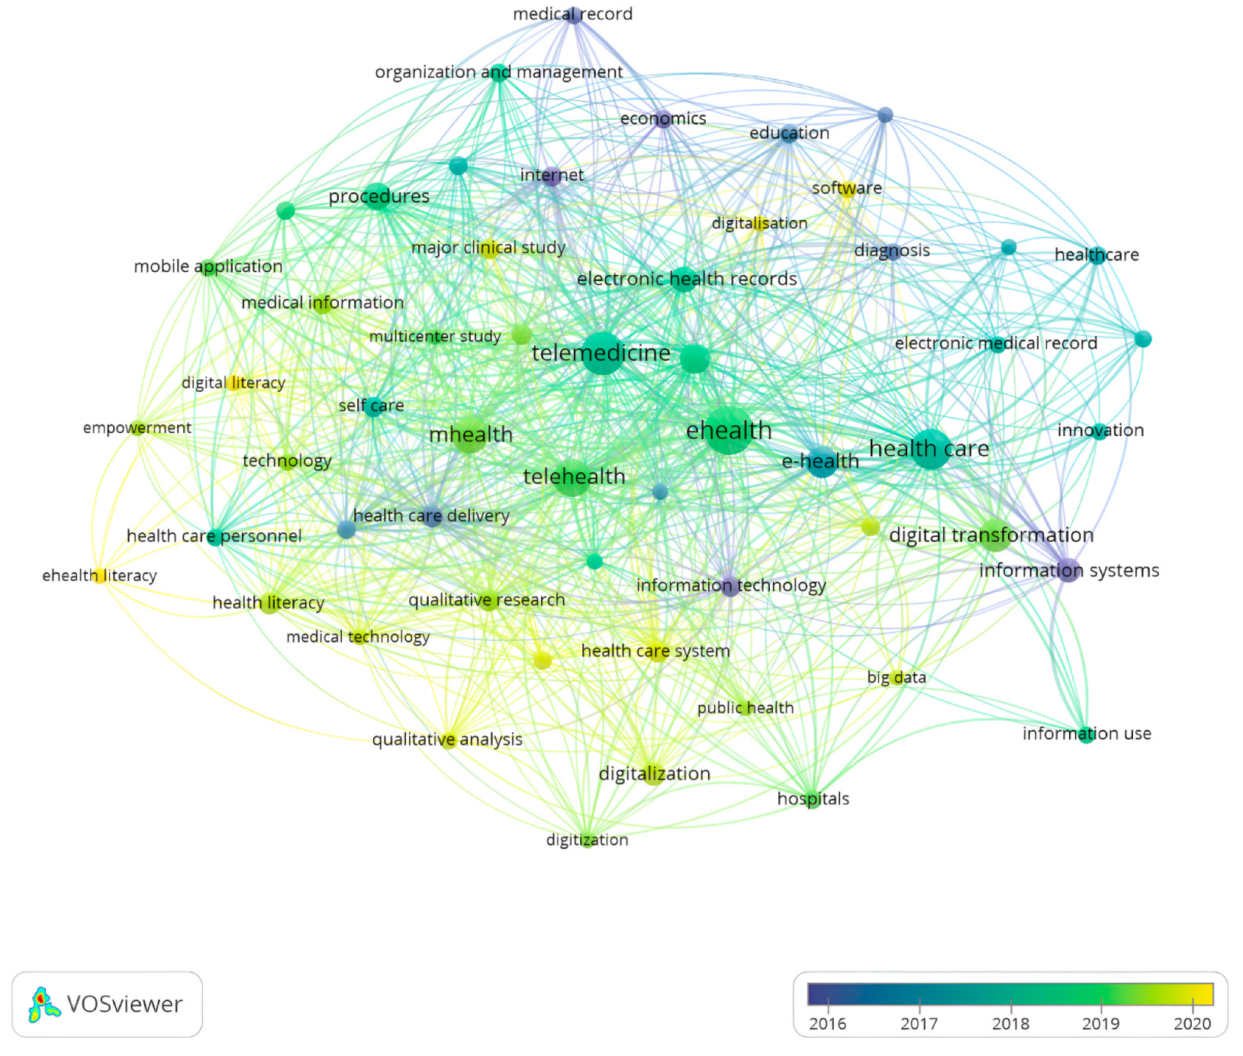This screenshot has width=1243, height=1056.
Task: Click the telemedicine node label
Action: click(x=601, y=354)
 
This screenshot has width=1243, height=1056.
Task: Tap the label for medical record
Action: click(x=572, y=14)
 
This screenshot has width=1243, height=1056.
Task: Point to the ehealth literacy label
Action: click(x=99, y=576)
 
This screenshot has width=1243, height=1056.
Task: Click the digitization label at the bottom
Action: click(x=587, y=840)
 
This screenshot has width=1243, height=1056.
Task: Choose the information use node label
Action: click(x=1086, y=734)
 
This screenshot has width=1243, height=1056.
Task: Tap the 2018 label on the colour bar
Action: click(x=1010, y=1024)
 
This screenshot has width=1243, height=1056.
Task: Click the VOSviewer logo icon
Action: click(x=43, y=1004)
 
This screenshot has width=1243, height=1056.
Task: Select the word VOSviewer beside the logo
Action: click(x=124, y=1004)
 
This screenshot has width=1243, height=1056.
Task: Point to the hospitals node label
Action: click(x=813, y=799)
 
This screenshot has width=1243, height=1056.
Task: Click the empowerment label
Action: click(x=137, y=428)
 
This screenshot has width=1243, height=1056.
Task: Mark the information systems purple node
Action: click(x=1068, y=570)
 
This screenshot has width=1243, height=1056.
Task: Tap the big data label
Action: click(x=896, y=677)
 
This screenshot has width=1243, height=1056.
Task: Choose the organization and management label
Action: click(x=498, y=72)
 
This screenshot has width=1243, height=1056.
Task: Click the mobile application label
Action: click(x=208, y=266)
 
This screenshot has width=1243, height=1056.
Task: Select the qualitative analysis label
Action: click(x=447, y=739)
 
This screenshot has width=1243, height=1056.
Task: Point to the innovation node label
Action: click(x=1100, y=431)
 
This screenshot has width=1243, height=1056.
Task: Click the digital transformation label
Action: click(x=990, y=535)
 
